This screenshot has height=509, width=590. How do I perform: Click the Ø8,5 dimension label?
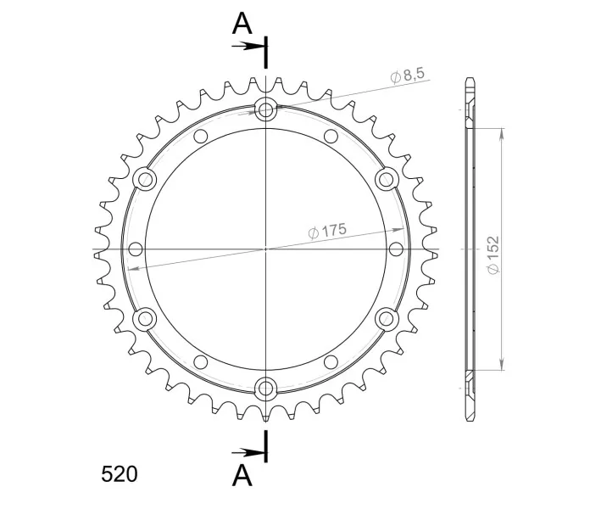(408, 75)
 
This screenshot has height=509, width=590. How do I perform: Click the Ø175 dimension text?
(327, 231)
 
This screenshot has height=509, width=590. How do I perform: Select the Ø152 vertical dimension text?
(493, 255)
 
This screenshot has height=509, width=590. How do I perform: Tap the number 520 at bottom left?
(120, 474)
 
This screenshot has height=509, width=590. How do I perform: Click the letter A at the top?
(242, 24)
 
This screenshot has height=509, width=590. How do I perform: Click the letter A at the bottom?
(242, 475)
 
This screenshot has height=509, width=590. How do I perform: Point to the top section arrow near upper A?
(248, 47)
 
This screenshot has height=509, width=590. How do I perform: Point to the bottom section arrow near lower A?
(248, 452)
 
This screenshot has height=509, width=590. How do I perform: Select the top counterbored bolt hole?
(265, 110)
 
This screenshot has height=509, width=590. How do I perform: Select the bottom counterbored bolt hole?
(265, 389)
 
